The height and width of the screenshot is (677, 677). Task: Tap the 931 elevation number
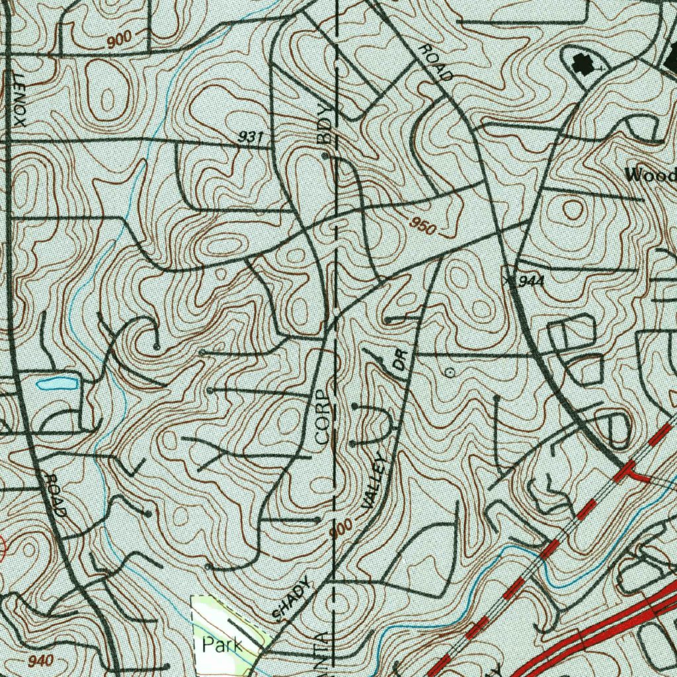click(x=251, y=137)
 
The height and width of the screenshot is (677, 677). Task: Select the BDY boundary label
click(x=324, y=124)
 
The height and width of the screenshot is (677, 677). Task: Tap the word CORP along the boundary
click(x=322, y=417)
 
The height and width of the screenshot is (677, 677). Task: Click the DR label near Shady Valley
click(x=399, y=360)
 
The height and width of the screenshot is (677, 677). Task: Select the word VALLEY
click(x=374, y=481)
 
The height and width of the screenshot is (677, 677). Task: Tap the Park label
click(x=222, y=645)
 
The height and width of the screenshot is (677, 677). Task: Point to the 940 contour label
click(x=40, y=660)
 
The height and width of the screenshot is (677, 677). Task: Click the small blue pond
click(x=57, y=383)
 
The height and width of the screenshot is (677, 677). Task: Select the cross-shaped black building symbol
click(x=582, y=64)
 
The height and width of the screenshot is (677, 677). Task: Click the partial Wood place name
click(x=651, y=175)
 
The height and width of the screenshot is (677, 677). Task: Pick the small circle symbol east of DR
click(x=450, y=373)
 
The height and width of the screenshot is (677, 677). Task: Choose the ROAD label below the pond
click(x=56, y=495)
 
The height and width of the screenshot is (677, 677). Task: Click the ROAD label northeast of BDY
click(x=436, y=63)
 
